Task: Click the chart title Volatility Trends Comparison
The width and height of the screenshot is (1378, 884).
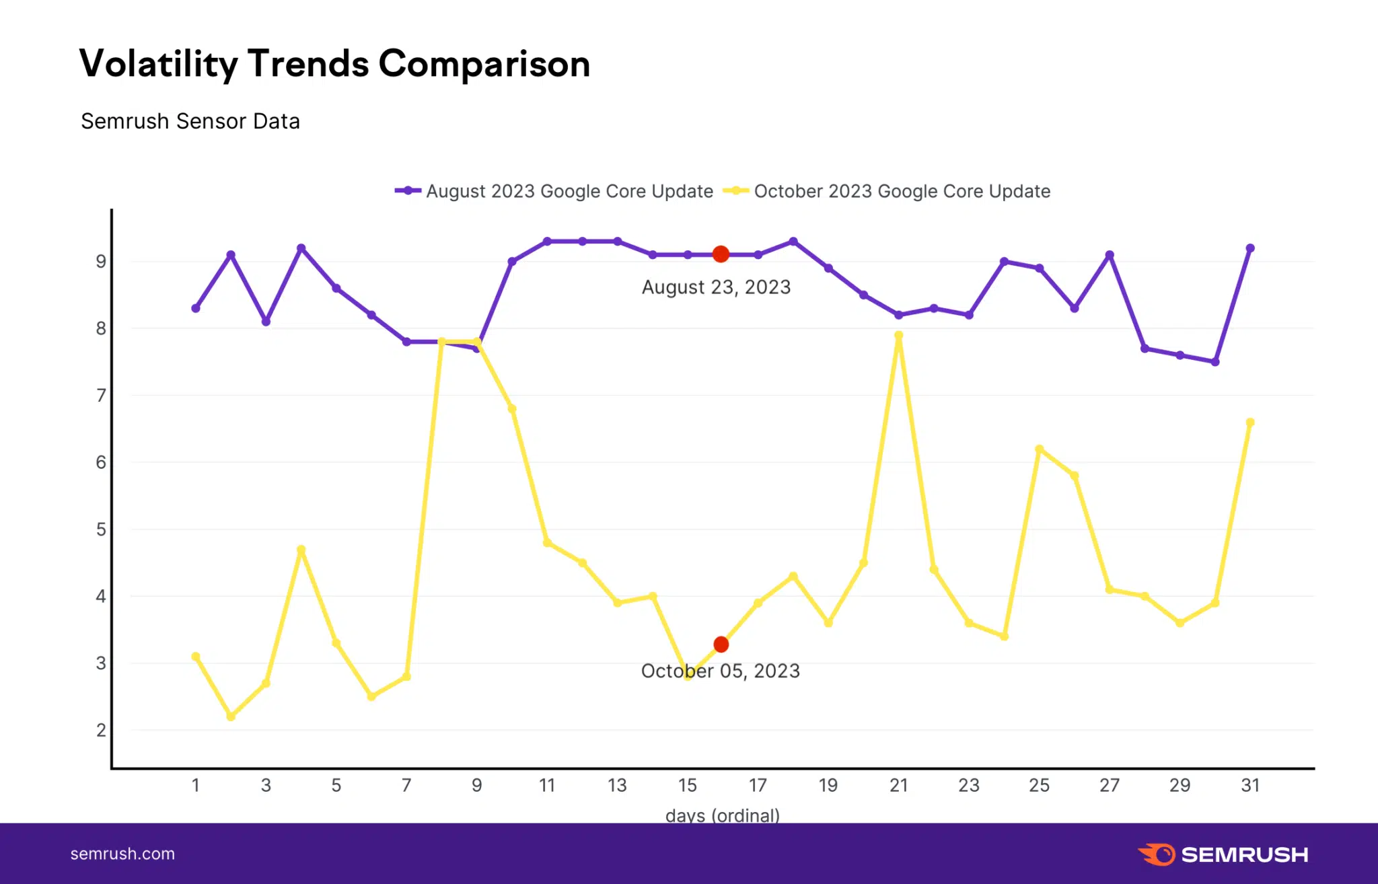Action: click(x=334, y=65)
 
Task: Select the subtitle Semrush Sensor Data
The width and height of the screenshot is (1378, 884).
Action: click(x=190, y=122)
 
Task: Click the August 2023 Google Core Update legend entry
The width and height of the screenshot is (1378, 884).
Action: click(x=554, y=191)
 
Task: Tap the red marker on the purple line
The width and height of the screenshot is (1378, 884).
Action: click(x=721, y=254)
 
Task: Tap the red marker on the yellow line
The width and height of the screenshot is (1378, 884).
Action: click(x=721, y=644)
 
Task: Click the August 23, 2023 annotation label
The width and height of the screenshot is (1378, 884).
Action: click(x=716, y=287)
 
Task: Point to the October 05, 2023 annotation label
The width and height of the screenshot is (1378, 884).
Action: click(x=720, y=671)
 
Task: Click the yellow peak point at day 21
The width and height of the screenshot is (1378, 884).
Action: click(x=898, y=335)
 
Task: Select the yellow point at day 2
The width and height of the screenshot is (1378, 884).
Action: click(x=231, y=716)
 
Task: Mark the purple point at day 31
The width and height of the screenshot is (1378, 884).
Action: click(x=1250, y=248)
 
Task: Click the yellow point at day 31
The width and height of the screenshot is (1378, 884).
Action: click(x=1250, y=422)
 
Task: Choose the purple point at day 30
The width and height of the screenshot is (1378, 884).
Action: click(x=1215, y=362)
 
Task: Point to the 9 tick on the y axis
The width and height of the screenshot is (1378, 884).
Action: click(x=101, y=262)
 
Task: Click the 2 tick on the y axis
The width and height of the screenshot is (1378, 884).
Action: click(x=101, y=730)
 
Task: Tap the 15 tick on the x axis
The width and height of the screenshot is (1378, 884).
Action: click(x=687, y=785)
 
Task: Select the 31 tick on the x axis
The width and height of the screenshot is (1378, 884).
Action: click(x=1250, y=785)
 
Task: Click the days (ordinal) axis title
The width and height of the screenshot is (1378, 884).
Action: click(x=722, y=815)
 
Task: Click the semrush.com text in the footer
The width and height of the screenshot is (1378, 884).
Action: click(x=122, y=854)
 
